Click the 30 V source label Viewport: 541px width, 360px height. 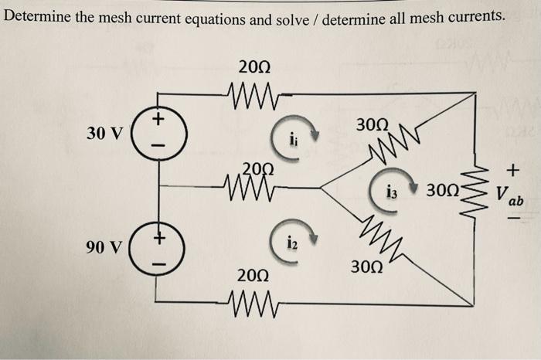pos(104,133)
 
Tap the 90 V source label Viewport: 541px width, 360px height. pos(104,248)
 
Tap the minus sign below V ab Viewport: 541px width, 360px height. pos(513,219)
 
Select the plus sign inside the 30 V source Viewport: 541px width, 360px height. pos(157,120)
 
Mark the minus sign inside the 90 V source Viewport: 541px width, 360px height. pos(158,260)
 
